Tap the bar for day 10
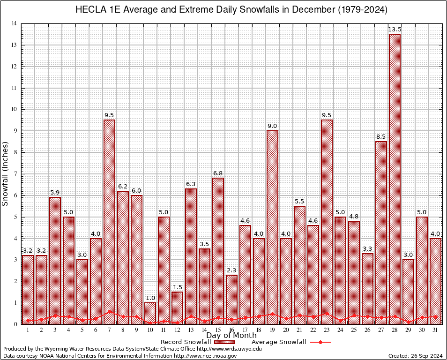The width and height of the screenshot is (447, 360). coord(150,313)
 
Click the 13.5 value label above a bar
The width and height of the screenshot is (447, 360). coord(395,30)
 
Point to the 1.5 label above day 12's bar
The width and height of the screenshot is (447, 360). coord(177,287)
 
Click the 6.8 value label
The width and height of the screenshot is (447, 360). coord(218,173)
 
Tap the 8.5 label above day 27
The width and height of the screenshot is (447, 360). coord(381,137)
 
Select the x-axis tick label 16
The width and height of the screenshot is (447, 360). coord(231,330)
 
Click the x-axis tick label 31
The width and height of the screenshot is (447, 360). coord(435,330)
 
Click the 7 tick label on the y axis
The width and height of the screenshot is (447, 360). coord(16,174)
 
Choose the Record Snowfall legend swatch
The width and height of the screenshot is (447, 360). coord(228,342)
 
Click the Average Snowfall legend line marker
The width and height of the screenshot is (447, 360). coord(320,342)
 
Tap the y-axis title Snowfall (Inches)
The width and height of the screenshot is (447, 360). coord(6,173)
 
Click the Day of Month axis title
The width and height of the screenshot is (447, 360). coord(231,336)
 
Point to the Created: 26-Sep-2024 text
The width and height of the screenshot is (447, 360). coord(416,356)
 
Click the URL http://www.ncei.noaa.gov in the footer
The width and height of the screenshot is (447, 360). coord(205,356)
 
